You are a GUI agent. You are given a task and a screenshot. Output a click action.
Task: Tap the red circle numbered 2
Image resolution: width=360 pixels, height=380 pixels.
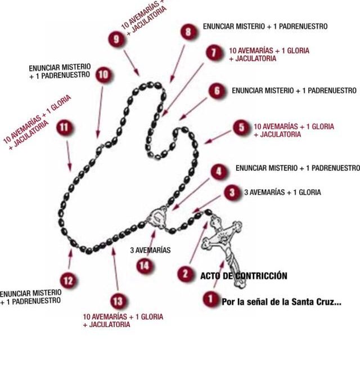(x=185, y=274)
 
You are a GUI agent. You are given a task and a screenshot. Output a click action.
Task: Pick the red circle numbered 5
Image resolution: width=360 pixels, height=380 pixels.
(x=242, y=128)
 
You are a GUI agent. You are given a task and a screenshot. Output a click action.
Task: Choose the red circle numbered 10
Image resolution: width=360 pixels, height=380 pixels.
(x=103, y=75)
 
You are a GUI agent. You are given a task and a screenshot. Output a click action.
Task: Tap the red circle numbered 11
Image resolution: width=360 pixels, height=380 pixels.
(x=65, y=128)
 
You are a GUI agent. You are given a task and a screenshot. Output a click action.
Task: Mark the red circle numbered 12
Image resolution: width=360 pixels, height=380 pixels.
(x=67, y=280)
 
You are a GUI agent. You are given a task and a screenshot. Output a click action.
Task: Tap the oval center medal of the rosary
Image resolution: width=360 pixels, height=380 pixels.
(x=157, y=217)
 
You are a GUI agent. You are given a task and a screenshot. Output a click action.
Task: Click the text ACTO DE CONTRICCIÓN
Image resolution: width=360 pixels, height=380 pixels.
(x=244, y=276)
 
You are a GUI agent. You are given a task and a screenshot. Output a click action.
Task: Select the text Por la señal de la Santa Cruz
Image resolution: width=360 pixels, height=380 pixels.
(x=281, y=302)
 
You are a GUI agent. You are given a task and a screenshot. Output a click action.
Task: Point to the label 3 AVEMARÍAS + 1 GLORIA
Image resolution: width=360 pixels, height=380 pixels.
(x=282, y=193)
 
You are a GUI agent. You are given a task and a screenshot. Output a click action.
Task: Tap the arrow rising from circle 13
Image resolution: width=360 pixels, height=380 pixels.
(x=115, y=271)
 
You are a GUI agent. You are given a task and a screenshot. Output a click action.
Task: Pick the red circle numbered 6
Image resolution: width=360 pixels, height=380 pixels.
(x=217, y=91)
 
